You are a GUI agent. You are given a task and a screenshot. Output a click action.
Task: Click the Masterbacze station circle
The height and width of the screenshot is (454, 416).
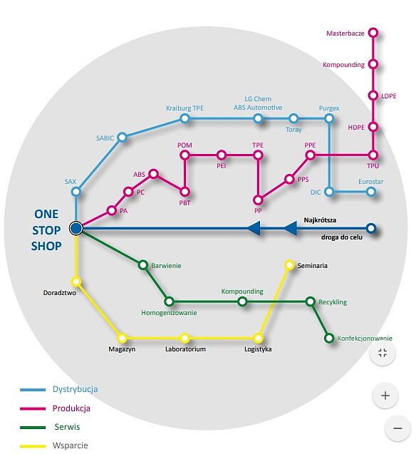(x=373, y=33)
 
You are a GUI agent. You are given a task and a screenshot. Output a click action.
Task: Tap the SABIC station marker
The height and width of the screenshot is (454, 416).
(x=122, y=137)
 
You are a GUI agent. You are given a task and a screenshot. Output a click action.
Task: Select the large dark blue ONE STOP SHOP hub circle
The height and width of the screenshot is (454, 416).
(x=76, y=228)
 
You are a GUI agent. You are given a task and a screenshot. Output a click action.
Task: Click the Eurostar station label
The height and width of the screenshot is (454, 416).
(x=370, y=182)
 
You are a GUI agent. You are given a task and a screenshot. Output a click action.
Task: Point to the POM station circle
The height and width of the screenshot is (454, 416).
(x=184, y=155)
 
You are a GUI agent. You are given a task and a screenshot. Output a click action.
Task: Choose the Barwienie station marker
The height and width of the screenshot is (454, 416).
(x=142, y=264)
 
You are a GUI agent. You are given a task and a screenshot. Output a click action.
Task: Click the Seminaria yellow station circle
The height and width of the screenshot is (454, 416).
(x=289, y=264)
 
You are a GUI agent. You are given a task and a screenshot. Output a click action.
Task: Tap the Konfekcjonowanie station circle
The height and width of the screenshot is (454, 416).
(x=329, y=338)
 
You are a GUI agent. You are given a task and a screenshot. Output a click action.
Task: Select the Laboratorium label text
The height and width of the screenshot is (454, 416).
(x=185, y=349)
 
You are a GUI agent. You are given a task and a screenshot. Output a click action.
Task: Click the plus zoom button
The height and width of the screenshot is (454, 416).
(x=385, y=396)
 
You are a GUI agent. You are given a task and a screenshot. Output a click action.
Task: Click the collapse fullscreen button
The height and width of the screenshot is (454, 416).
(x=383, y=353)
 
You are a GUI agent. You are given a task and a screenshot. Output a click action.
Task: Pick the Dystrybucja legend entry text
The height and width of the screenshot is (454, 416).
(x=76, y=389)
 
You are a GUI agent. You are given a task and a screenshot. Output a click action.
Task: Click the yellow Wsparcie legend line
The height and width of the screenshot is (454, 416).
(x=33, y=446)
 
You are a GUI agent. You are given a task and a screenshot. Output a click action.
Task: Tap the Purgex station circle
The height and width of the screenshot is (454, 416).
(x=329, y=118)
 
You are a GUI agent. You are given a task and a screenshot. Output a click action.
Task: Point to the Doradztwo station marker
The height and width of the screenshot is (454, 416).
(x=76, y=282)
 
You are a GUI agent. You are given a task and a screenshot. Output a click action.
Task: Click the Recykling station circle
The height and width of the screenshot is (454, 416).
(x=310, y=301)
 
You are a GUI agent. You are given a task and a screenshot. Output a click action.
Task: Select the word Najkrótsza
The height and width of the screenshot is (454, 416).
(x=320, y=220)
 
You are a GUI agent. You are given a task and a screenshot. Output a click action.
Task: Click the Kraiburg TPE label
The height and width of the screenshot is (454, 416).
(x=185, y=108)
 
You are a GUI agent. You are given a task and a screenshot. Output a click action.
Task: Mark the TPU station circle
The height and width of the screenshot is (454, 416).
(x=373, y=155)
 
